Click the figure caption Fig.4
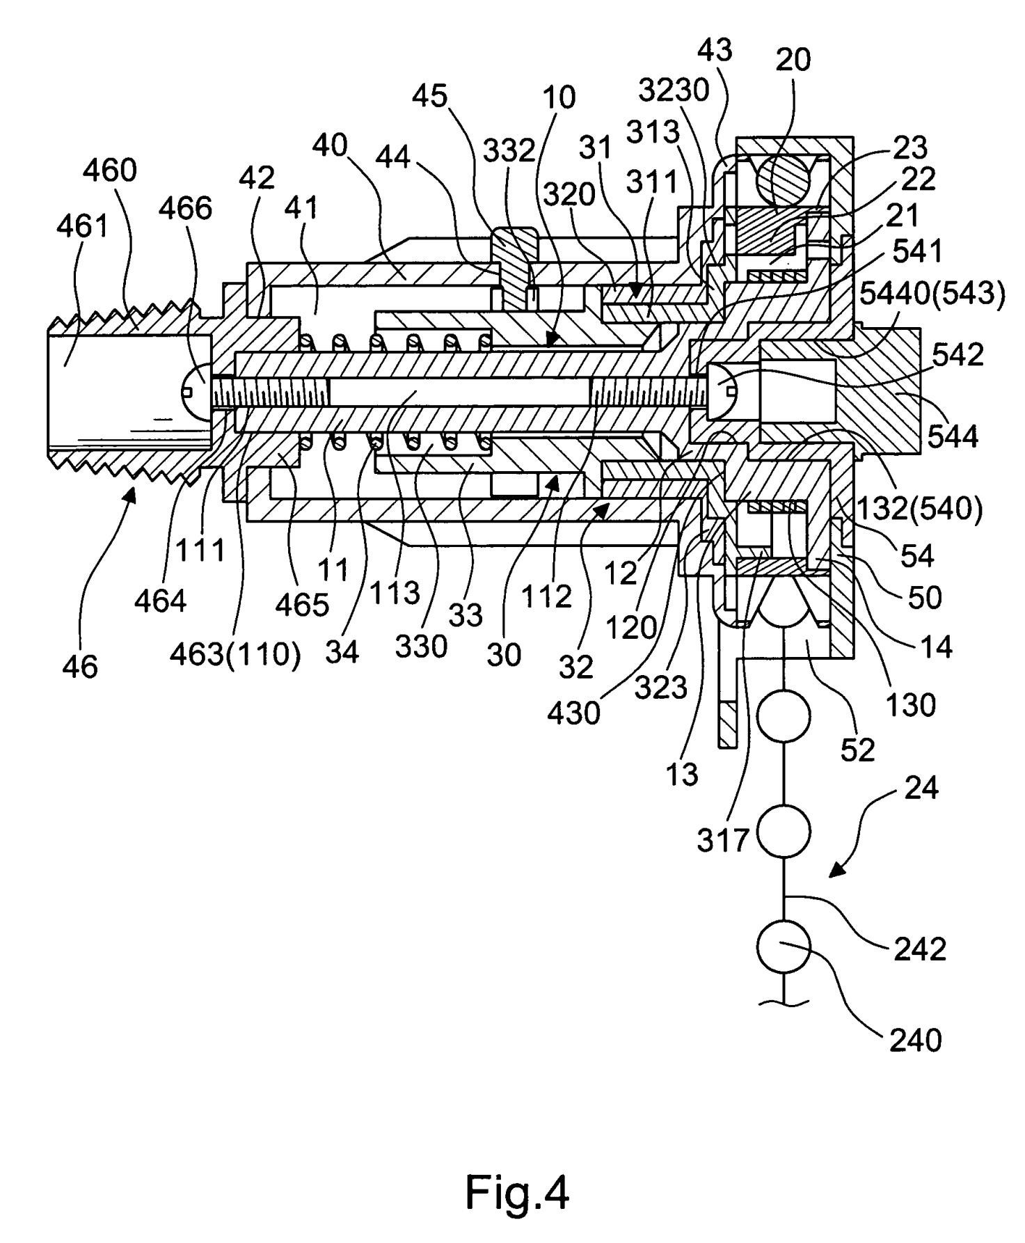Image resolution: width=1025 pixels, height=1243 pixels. (x=516, y=1191)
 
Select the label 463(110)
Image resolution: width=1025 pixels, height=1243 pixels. (x=235, y=655)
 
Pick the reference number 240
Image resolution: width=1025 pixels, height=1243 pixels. (x=915, y=1040)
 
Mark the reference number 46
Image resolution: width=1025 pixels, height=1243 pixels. (x=80, y=667)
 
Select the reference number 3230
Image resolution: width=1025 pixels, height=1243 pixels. (x=674, y=90)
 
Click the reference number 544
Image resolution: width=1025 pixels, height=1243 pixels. (x=953, y=436)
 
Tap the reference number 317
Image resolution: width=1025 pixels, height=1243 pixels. (x=724, y=841)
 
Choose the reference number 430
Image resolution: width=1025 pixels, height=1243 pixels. (x=574, y=713)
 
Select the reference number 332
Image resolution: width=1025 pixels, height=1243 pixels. (x=510, y=150)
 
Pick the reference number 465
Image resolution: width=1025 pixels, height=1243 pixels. (x=301, y=604)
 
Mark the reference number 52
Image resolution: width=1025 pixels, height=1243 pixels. (x=857, y=750)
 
